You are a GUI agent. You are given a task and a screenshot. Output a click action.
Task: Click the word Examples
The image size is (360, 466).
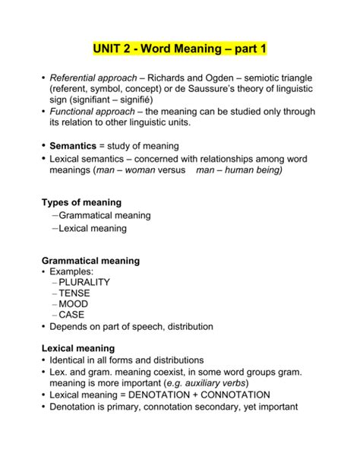(72, 271)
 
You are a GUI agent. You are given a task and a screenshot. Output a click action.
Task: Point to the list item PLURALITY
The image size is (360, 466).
(84, 282)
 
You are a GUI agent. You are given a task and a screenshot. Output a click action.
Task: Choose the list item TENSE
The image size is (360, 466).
(75, 293)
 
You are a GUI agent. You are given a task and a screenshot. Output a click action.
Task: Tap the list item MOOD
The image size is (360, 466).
(74, 303)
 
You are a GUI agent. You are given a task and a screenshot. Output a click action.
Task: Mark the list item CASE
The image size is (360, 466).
(72, 314)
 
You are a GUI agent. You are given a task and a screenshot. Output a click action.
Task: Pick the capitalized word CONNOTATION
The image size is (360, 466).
(245, 395)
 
